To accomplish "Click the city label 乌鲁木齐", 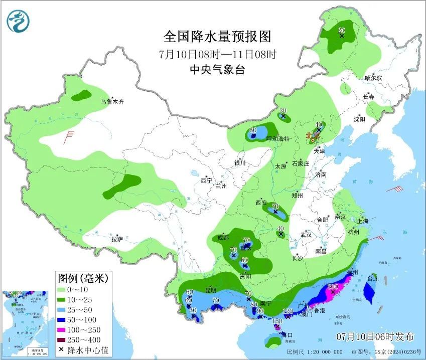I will coord(111,102).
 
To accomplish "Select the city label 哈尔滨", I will coord(373,78).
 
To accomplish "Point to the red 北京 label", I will coord(312,135).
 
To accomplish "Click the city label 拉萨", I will coord(117,239).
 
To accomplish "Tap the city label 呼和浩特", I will coord(278,139).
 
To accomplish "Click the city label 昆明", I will coord(210,290).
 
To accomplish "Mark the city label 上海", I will coord(363,221).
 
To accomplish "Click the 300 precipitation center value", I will coord(333,287).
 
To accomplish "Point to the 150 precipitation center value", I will coord(277,321).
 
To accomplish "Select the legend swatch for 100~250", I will coord(64,329).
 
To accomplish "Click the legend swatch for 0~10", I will coord(64,289).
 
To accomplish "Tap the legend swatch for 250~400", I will coord(64,339).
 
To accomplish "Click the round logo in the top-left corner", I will coord(19,21).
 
